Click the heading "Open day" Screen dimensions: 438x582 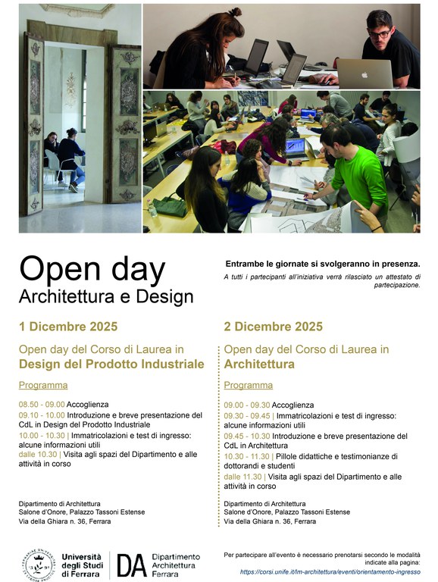[92, 270]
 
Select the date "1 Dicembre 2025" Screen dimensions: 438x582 [68, 327]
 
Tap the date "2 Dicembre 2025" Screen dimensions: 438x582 [273, 327]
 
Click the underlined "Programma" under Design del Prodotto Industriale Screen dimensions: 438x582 [37, 385]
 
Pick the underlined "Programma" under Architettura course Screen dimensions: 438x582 [248, 385]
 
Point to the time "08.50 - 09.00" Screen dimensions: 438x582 [42, 405]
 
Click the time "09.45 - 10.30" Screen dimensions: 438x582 [247, 436]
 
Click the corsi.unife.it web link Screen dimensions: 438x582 [330, 571]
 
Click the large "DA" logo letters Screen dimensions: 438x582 [131, 565]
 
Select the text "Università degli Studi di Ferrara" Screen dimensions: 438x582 [83, 565]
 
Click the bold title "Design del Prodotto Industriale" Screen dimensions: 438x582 [111, 364]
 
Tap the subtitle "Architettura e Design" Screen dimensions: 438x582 [106, 296]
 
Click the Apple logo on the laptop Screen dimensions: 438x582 [364, 74]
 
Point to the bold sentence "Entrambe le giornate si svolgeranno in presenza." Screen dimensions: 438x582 [322, 264]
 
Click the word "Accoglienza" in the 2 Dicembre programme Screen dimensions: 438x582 [293, 405]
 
